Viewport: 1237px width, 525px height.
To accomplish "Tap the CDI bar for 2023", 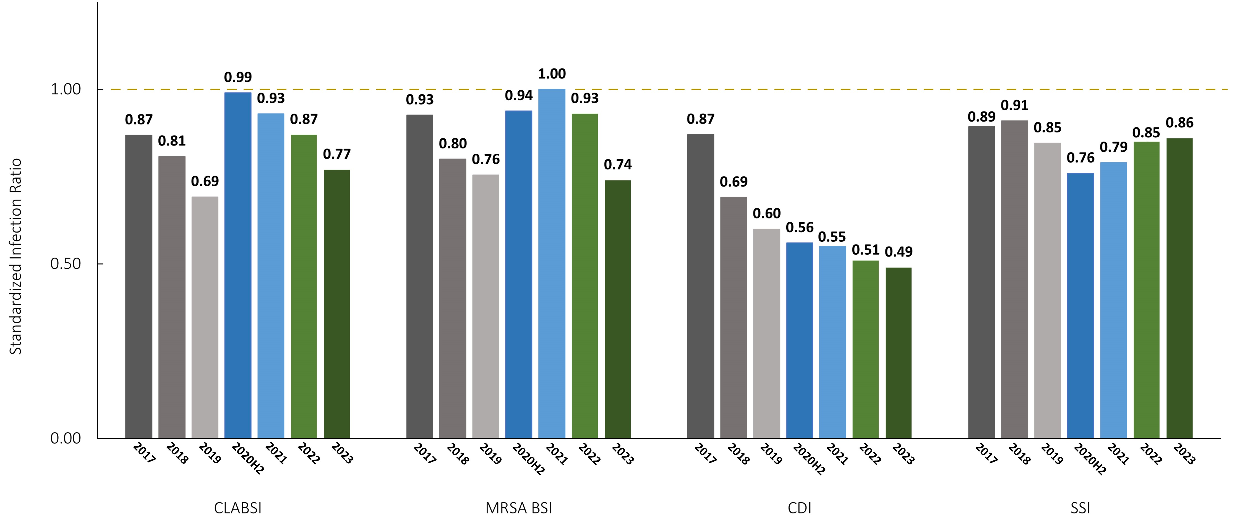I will tap(898, 353).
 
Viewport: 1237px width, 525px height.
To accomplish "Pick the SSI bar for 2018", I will tap(1014, 279).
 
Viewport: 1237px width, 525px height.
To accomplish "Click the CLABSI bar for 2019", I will tap(205, 317).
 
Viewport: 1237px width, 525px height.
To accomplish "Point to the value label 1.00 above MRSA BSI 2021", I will tap(552, 74).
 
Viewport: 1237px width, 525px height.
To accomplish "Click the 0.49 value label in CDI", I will tap(899, 252).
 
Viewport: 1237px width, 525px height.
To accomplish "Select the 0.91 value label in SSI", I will tap(1014, 105).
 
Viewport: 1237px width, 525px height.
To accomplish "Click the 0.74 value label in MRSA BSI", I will tap(618, 165).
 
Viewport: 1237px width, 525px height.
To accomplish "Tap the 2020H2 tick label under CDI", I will tap(809, 459).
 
